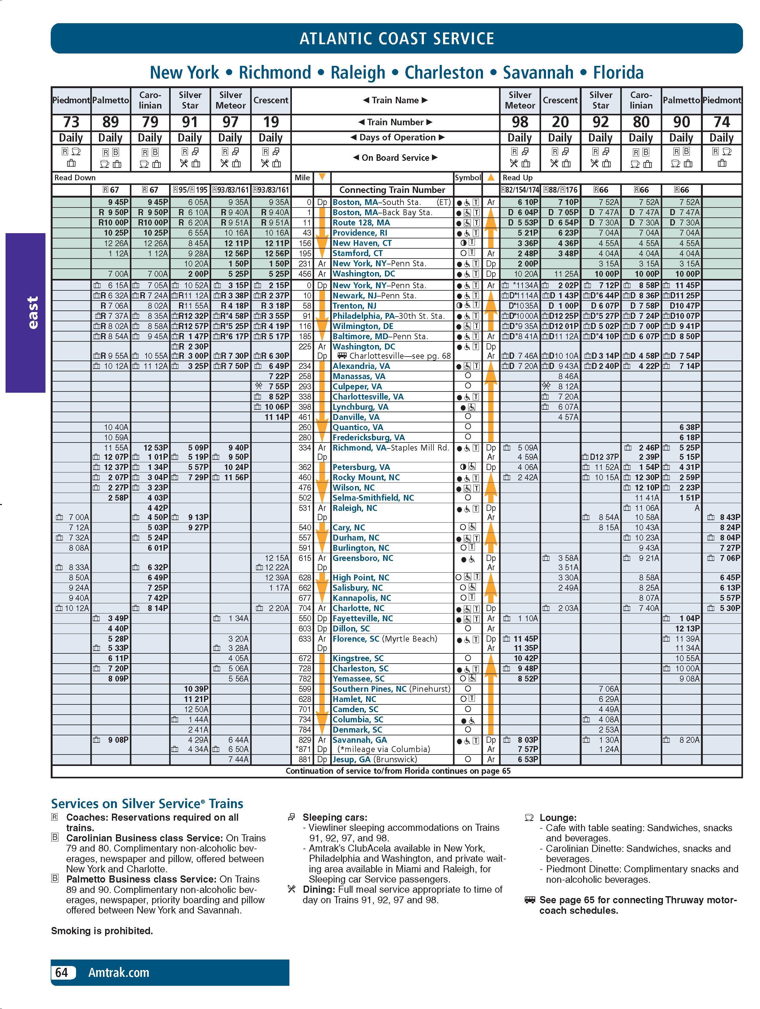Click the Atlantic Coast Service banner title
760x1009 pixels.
[x=396, y=38]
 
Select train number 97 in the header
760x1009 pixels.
[x=230, y=122]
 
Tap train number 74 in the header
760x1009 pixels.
[x=721, y=122]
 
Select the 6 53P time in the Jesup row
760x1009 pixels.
[x=528, y=759]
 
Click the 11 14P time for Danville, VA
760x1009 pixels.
[x=277, y=417]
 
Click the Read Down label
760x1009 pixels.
[x=75, y=178]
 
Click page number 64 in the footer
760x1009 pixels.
[x=62, y=973]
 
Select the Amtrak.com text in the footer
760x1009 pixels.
[x=119, y=973]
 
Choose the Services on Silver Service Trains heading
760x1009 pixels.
[x=147, y=804]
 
